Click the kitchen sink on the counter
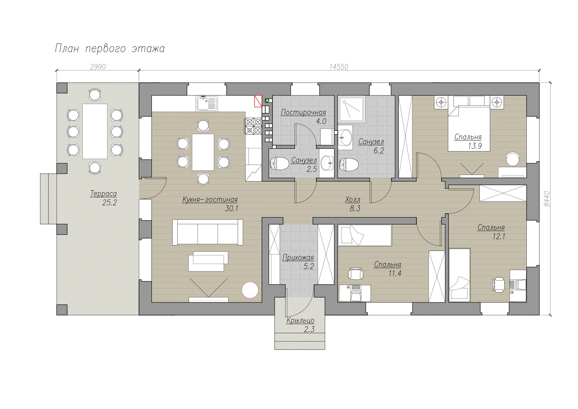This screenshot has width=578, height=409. point(207,103)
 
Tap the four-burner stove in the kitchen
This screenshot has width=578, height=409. point(253,126)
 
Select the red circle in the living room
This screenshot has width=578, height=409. point(250,290)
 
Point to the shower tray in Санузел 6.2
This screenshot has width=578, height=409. point(351,109)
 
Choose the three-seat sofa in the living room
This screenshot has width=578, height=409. point(208,232)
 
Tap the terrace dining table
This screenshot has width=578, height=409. point(95,131)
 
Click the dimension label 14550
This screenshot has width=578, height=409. point(339,67)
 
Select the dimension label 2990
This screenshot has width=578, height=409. point(98,67)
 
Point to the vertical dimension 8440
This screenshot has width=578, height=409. point(547,199)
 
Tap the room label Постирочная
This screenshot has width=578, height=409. point(303,112)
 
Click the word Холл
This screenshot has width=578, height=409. point(353,200)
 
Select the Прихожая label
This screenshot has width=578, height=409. point(298,257)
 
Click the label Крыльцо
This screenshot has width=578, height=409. point(301,321)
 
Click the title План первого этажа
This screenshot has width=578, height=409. point(110,48)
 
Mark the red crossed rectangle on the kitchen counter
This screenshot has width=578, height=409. point(258,101)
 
